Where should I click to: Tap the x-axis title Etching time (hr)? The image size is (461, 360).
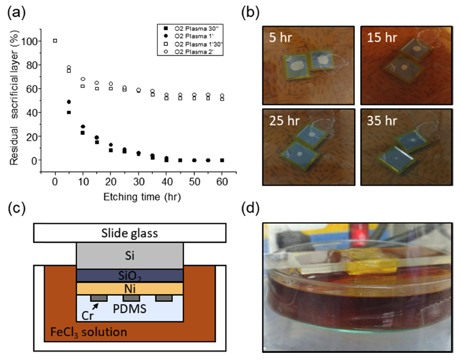point(138,196)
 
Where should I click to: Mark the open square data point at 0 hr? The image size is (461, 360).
point(55,41)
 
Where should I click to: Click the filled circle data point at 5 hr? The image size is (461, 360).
point(69,102)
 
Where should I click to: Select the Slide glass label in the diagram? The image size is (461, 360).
point(129,233)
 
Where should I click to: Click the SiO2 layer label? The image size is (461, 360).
point(129,274)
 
